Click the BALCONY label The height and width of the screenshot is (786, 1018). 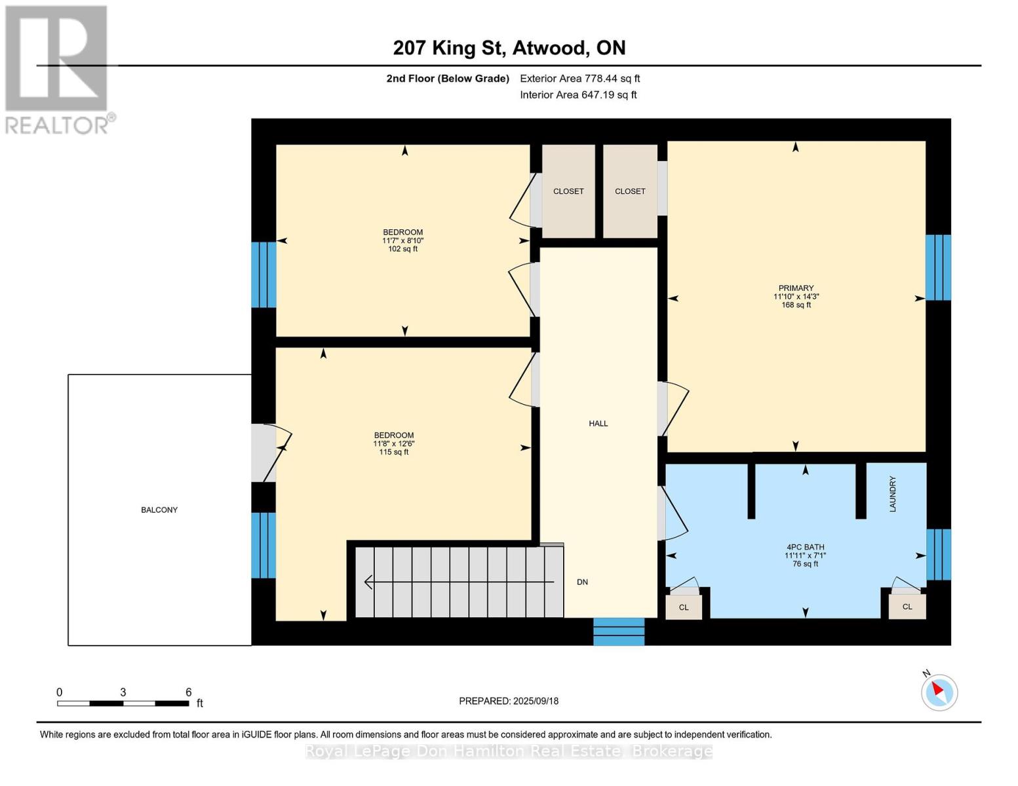tap(159, 510)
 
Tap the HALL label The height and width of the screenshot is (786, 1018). tap(598, 424)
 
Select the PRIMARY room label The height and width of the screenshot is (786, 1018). tap(796, 288)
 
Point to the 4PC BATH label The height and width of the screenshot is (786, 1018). tap(806, 547)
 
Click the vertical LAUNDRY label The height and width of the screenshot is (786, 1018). tap(893, 494)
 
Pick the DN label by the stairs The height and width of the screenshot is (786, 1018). tap(582, 582)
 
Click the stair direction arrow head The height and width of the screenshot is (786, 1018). tap(368, 582)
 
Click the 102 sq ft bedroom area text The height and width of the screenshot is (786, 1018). tap(403, 249)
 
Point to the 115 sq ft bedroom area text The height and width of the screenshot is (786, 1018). tap(394, 452)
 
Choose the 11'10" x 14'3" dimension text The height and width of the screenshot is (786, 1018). tap(796, 296)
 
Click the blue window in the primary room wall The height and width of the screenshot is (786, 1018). tap(939, 267)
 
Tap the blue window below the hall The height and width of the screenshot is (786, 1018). tap(619, 631)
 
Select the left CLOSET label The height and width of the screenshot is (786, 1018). tap(568, 191)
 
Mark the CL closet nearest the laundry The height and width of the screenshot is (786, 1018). tap(907, 607)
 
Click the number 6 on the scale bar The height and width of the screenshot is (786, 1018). tap(189, 692)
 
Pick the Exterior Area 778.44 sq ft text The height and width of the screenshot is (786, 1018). tap(580, 79)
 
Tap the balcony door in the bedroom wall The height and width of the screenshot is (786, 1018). tap(264, 453)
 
